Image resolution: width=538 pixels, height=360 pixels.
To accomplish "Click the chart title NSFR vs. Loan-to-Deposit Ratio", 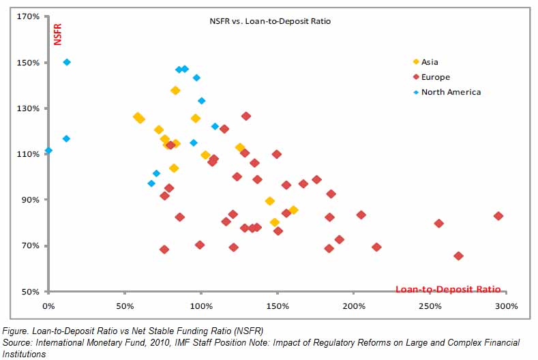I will pyautogui.click(x=269, y=21).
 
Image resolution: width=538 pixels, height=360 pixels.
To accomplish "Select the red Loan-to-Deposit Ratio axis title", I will pyautogui.click(x=448, y=289).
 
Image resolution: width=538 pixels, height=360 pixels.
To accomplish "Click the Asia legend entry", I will pyautogui.click(x=430, y=62).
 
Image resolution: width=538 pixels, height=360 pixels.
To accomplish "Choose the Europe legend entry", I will pyautogui.click(x=435, y=77).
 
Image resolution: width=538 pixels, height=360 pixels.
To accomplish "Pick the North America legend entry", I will pyautogui.click(x=450, y=92).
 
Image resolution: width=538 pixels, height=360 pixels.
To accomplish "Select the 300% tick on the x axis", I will pyautogui.click(x=507, y=306).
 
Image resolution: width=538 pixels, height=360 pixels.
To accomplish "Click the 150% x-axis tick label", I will pyautogui.click(x=277, y=306).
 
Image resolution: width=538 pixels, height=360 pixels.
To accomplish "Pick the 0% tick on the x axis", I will pyautogui.click(x=48, y=306).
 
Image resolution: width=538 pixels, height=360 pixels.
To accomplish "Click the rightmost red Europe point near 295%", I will pyautogui.click(x=498, y=216).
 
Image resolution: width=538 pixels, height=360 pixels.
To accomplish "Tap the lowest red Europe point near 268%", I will pyautogui.click(x=458, y=256).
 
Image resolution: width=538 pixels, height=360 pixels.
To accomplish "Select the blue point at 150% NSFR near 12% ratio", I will pyautogui.click(x=67, y=62).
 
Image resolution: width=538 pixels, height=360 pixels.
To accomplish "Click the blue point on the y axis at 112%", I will pyautogui.click(x=48, y=151).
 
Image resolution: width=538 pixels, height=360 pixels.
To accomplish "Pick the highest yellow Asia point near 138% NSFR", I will pyautogui.click(x=175, y=91).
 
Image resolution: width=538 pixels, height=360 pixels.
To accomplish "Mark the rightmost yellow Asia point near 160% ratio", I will pyautogui.click(x=293, y=210).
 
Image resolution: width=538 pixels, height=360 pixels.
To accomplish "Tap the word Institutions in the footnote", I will pyautogui.click(x=24, y=354).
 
